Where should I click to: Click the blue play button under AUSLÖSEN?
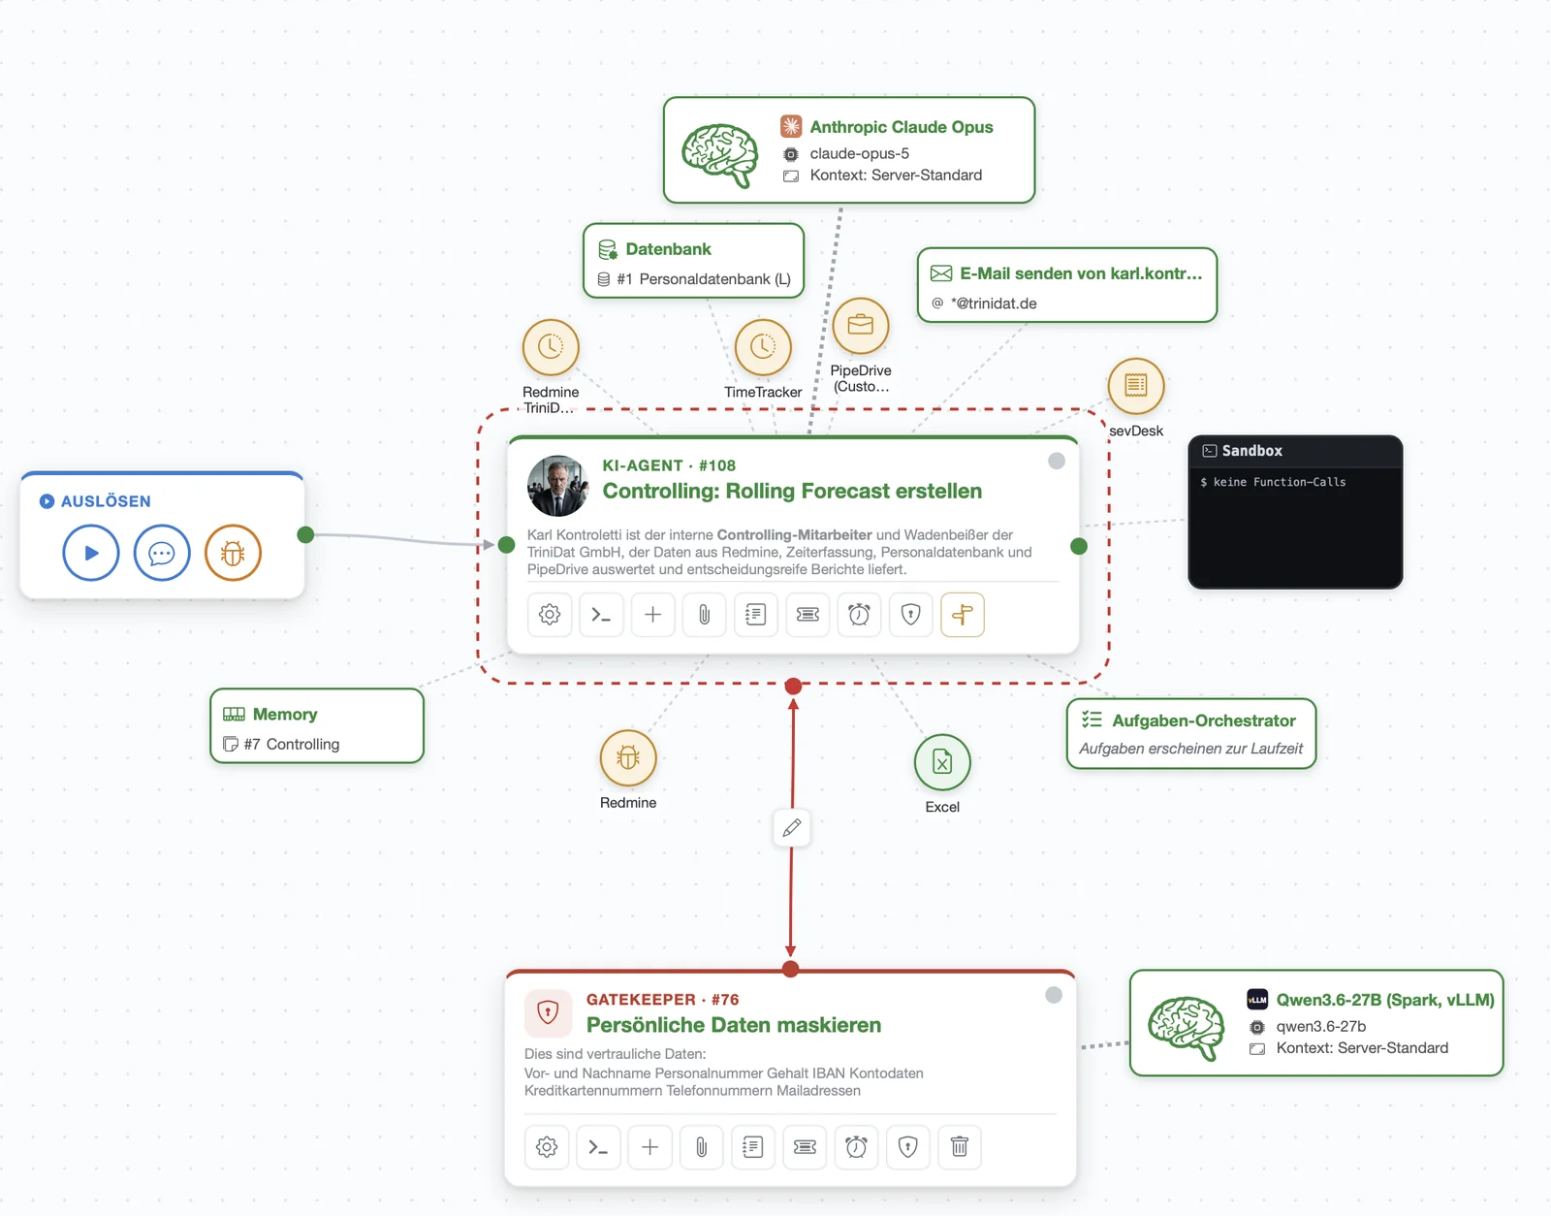coord(91,553)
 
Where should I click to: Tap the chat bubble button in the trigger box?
coord(162,553)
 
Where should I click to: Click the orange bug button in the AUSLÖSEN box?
coord(233,553)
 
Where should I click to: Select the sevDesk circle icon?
coord(1135,386)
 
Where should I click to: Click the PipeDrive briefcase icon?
coord(860,326)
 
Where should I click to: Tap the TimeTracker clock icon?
coord(763,347)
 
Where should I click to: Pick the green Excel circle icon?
coord(942,762)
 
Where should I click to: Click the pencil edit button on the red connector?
coord(792,827)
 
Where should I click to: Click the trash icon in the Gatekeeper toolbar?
coord(960,1147)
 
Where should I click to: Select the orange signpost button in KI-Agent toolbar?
coord(963,614)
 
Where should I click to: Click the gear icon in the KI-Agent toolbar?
coord(550,614)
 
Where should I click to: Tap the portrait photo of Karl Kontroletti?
coord(557,486)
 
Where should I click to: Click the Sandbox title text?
coord(1251,451)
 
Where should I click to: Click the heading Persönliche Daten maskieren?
coord(734,1025)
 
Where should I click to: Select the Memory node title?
coord(285,714)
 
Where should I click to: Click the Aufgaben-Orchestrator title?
coord(1203,720)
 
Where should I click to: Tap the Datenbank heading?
coord(668,249)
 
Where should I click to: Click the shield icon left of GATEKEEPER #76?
coord(548,1011)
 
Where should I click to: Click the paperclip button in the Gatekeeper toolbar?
coord(702,1147)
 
